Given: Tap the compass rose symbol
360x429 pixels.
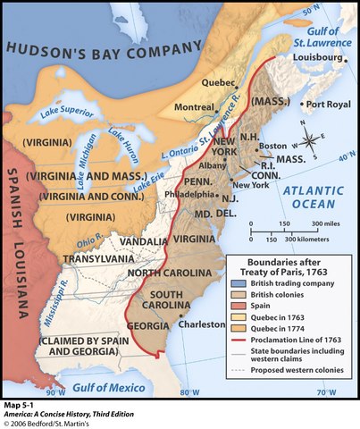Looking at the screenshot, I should [309, 140].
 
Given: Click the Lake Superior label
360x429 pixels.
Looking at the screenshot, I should [68, 113].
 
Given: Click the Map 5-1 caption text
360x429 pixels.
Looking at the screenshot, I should [20, 405].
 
